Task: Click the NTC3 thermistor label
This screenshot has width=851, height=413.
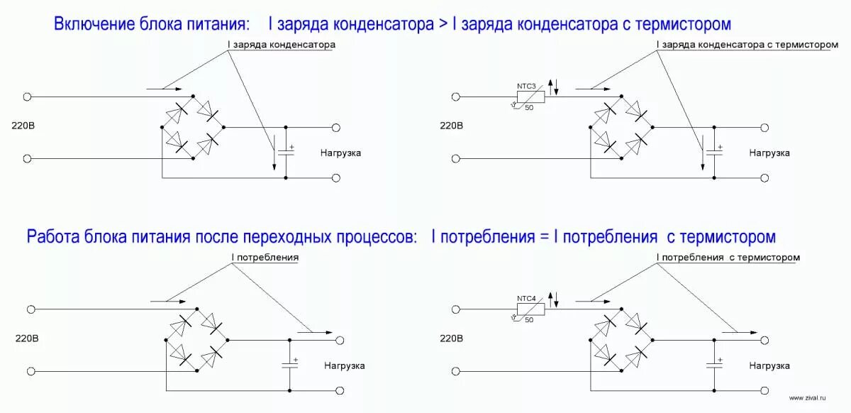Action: [527, 86]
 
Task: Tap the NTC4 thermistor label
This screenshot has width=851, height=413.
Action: [527, 298]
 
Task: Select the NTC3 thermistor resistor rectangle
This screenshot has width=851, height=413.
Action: [530, 96]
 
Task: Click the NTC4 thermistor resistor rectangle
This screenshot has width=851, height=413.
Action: [530, 309]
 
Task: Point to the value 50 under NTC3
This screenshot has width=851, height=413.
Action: [529, 107]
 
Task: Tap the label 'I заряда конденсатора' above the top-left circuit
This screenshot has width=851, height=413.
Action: [281, 44]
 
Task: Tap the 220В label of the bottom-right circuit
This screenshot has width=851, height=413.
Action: [451, 339]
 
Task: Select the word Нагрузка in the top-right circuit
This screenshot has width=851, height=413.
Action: [769, 153]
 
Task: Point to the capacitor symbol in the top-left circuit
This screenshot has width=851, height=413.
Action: [286, 151]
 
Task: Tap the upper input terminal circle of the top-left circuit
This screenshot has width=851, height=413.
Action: [27, 97]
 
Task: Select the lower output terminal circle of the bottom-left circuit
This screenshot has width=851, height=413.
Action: [340, 390]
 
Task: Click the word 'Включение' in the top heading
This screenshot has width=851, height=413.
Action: [94, 25]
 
